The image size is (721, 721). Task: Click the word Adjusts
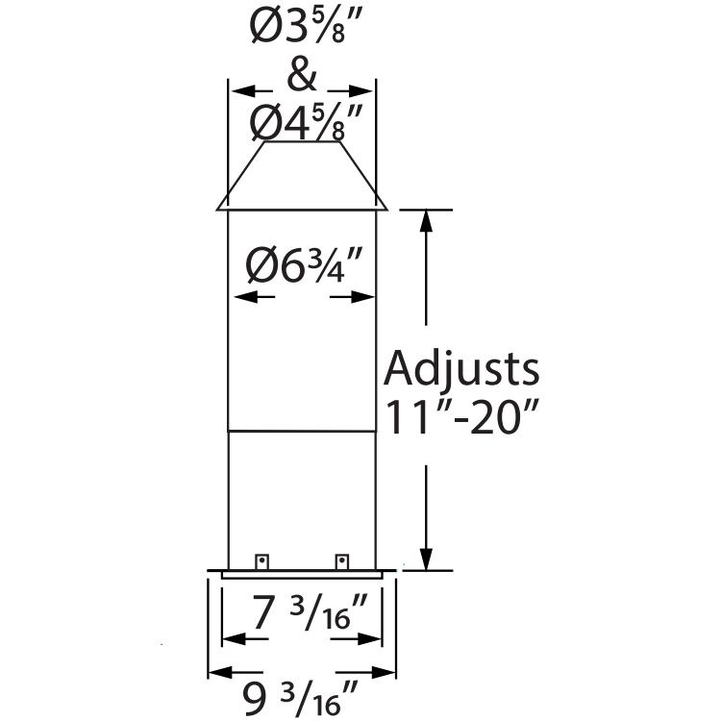click(460, 369)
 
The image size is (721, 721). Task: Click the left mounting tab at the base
click(260, 560)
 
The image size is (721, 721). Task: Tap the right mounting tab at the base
click(341, 560)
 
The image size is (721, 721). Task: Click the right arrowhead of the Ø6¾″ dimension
click(363, 297)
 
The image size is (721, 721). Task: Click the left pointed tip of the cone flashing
click(219, 207)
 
